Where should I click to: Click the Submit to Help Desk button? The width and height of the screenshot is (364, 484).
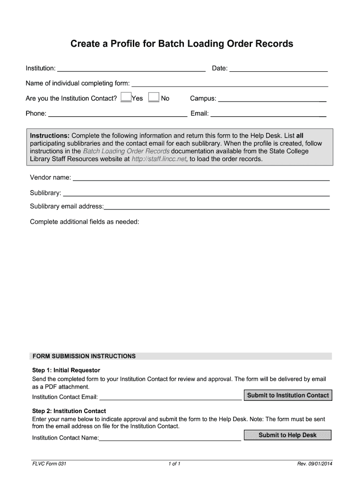287,435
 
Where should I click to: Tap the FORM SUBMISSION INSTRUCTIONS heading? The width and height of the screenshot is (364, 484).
84,356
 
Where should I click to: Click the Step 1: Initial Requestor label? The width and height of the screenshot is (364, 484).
66,370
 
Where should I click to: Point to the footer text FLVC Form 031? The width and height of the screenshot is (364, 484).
49,464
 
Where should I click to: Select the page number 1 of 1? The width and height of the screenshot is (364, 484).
174,464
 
